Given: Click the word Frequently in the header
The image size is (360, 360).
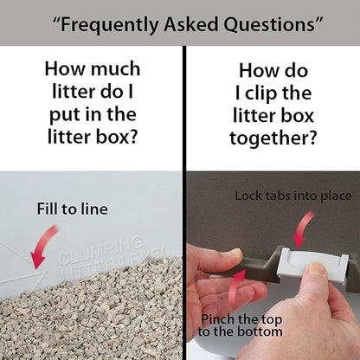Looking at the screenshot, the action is pyautogui.click(x=109, y=25).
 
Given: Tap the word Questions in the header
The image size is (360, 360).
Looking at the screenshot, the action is pyautogui.click(x=269, y=24).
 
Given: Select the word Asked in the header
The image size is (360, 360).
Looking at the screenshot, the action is pyautogui.click(x=191, y=24).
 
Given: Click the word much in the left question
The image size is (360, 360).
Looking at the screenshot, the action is pyautogui.click(x=115, y=69).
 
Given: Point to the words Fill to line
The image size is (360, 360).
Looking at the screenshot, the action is pyautogui.click(x=73, y=209).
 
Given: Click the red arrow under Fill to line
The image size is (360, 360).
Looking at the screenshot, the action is pyautogui.click(x=43, y=246).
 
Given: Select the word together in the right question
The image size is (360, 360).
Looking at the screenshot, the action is pyautogui.click(x=273, y=138).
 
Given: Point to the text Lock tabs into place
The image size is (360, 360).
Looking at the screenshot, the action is pyautogui.click(x=293, y=196).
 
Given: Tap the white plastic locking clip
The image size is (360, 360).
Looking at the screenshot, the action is pyautogui.click(x=313, y=266).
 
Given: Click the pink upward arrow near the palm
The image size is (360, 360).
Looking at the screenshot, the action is pyautogui.click(x=236, y=287).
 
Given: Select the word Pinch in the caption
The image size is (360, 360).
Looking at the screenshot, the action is pyautogui.click(x=213, y=319).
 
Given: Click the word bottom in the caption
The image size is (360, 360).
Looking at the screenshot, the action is pyautogui.click(x=262, y=331).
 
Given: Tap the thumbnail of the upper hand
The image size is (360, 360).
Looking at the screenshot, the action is pyautogui.click(x=237, y=253).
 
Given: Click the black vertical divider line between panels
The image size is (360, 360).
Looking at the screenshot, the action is pyautogui.click(x=184, y=202).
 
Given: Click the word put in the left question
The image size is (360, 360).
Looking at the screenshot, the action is pyautogui.click(x=62, y=116).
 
